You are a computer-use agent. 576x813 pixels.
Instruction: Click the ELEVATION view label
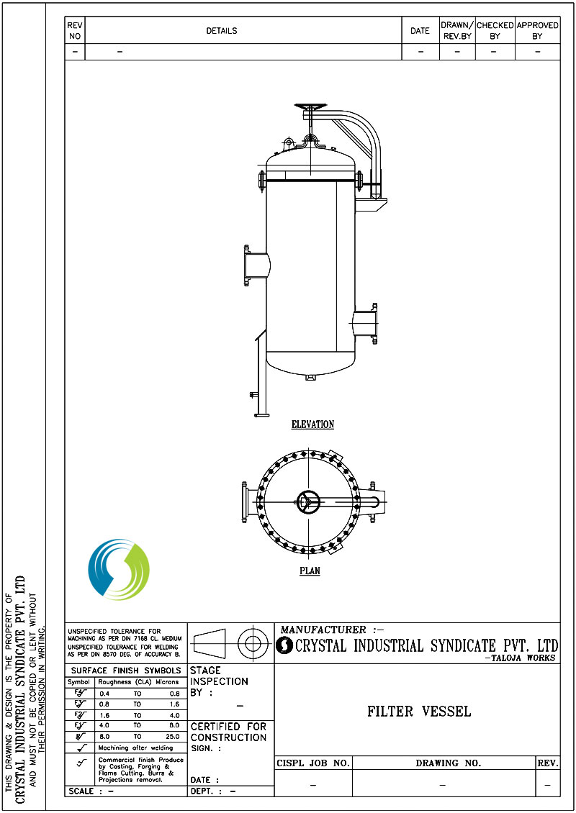(312, 424)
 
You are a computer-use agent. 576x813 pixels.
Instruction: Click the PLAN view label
(310, 571)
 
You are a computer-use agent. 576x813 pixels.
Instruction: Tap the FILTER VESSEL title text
(419, 712)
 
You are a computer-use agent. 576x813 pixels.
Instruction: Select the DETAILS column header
(222, 31)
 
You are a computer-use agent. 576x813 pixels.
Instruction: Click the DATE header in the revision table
(420, 31)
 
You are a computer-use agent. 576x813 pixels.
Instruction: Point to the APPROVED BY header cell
(537, 30)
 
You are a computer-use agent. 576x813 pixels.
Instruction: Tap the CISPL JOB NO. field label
(313, 763)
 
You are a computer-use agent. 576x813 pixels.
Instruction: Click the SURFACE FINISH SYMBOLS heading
(126, 671)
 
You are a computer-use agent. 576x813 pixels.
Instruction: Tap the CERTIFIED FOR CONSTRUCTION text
(228, 732)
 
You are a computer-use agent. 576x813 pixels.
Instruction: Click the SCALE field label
(81, 791)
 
